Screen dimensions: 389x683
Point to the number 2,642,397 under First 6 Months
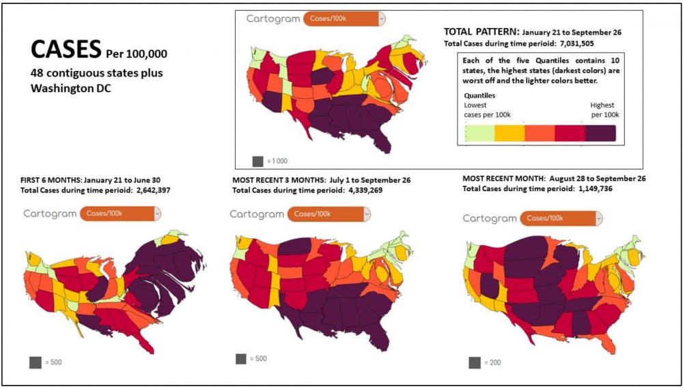coord(143,190)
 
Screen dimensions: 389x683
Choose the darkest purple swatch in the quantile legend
coord(600,133)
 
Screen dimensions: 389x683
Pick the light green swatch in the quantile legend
coord(479,133)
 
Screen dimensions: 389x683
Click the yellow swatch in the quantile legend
coord(510,133)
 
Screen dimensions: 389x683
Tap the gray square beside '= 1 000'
coord(257,161)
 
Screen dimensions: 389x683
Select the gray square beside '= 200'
coord(475,362)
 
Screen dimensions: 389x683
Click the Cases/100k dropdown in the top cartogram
coord(344,19)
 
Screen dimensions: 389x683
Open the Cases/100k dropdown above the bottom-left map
coord(121,214)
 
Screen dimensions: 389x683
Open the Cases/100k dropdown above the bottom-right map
coord(561,218)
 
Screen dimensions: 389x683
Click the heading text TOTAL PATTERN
coord(482,32)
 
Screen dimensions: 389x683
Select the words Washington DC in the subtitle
coord(61,87)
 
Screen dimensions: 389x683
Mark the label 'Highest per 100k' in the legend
coord(604,110)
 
